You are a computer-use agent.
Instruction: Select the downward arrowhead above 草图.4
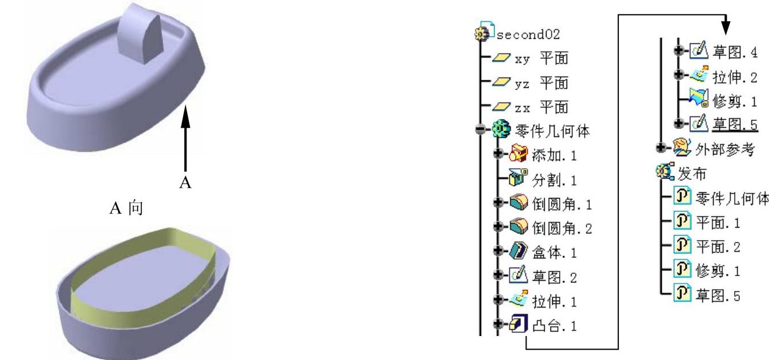click(726, 27)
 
